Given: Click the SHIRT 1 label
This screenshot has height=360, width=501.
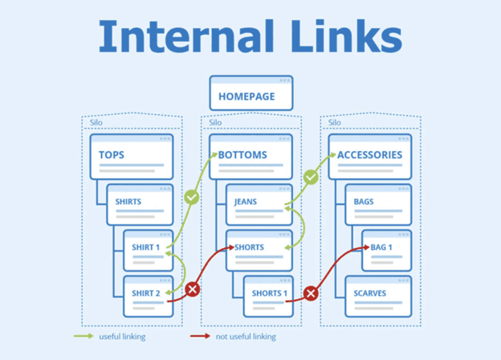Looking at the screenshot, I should pos(146,247).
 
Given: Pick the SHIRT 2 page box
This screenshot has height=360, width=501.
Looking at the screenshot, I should pos(148,294).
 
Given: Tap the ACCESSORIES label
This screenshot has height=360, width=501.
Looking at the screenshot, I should pos(369,154).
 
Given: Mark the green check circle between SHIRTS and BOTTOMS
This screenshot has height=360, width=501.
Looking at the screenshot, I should pos(191,197).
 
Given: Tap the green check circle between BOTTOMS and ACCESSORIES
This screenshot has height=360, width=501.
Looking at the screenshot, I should pos(311,176).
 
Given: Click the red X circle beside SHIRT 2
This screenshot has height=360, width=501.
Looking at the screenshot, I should pos(193,289).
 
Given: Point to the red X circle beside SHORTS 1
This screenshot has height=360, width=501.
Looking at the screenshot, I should pos(311,292).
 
